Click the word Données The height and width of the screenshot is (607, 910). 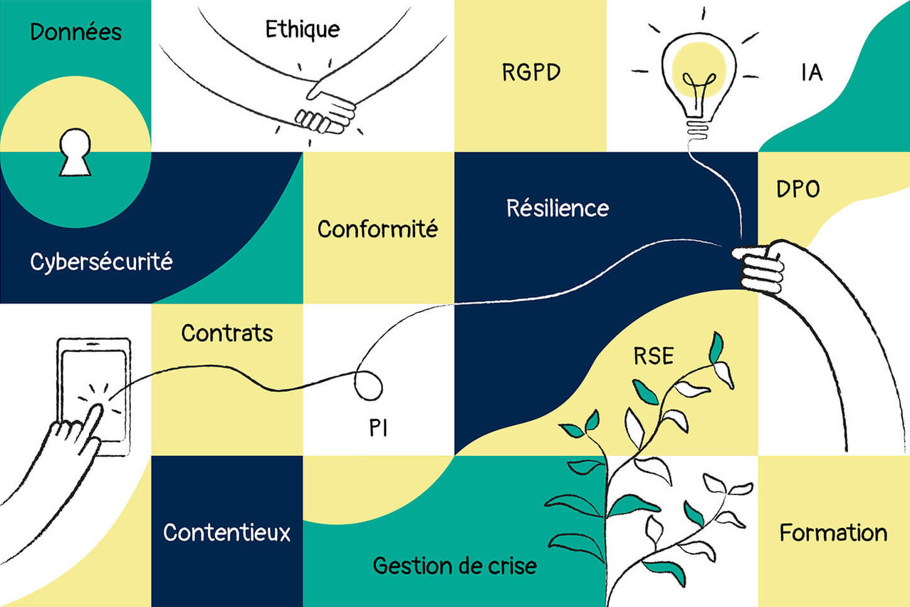75,32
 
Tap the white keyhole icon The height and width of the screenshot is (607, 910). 75,152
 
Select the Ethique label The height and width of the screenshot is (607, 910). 302,29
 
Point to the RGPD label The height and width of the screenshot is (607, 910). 530,73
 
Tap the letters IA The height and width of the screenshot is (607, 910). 812,73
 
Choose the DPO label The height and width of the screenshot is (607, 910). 797,189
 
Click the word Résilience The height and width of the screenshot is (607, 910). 558,208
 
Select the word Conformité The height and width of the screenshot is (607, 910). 377,229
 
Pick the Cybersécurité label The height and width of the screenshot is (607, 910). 101,262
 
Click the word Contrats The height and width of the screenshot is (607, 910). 227,333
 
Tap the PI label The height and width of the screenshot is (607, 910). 378,429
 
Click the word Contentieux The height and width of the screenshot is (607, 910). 226,532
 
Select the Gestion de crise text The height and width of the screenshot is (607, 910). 454,566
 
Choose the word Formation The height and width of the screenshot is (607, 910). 833,533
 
